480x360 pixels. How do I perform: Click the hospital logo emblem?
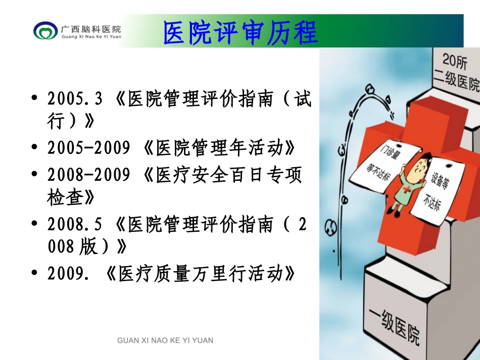click(45, 31)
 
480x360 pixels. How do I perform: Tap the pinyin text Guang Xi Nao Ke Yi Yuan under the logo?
click(91, 37)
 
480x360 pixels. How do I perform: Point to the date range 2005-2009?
click(89, 148)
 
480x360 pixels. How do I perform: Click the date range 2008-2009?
click(89, 175)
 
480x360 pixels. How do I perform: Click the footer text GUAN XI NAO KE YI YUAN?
click(165, 340)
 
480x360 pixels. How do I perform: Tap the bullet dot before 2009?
click(34, 274)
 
